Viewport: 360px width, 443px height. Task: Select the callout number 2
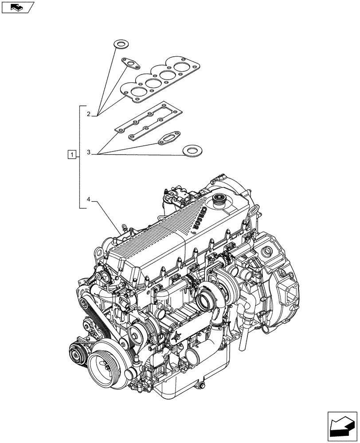point(89,114)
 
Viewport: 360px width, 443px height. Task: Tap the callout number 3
point(89,152)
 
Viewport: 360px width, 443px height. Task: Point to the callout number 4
point(89,200)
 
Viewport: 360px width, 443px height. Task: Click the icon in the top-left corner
point(18,7)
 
